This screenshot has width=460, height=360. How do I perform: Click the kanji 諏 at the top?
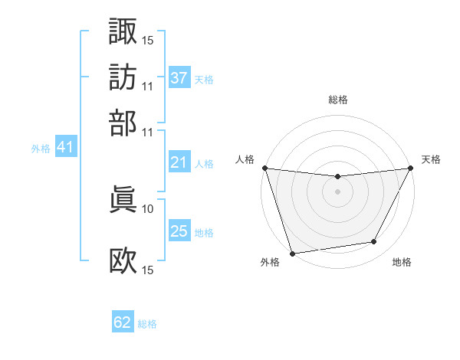123,31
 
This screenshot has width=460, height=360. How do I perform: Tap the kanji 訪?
123,77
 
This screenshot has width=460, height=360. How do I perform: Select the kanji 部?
123,122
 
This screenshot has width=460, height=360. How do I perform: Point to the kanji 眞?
123,199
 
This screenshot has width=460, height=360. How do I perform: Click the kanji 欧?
123,260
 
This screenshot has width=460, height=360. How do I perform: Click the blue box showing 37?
179,78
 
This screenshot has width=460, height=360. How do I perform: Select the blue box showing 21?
179,162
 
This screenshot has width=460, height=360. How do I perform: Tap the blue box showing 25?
179,231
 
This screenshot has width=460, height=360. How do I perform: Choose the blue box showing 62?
123,322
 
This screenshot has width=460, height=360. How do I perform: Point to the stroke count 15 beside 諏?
148,39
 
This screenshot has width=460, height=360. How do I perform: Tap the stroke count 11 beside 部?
148,131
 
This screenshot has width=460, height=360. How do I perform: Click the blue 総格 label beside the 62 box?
147,324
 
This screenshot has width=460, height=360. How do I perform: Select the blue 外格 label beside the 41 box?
41,149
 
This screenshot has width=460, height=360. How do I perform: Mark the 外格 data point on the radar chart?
292,253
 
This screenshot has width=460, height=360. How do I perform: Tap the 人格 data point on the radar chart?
264,168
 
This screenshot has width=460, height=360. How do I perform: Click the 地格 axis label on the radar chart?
402,262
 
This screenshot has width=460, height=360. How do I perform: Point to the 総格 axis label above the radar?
337,100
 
